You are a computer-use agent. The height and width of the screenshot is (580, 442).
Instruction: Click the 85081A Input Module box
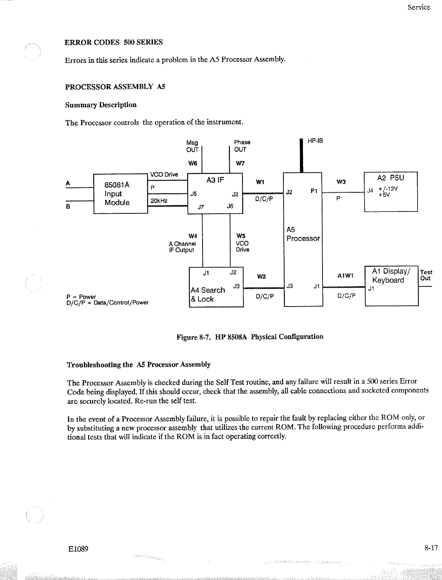click(x=120, y=194)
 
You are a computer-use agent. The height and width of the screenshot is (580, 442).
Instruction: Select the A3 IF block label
click(x=215, y=180)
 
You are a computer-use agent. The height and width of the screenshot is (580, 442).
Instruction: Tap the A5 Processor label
click(x=303, y=234)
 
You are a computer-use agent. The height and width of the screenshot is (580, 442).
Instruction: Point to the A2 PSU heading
click(x=391, y=178)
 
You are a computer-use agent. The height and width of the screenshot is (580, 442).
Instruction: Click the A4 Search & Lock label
click(x=207, y=295)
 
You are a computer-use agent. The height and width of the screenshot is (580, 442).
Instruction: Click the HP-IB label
click(x=315, y=141)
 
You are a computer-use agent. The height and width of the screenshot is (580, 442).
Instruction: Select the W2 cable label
click(x=261, y=277)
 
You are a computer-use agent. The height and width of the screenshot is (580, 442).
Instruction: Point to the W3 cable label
click(x=341, y=182)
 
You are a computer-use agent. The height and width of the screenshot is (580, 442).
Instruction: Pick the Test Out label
click(x=426, y=275)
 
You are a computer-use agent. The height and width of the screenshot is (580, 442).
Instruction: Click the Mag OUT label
click(x=192, y=146)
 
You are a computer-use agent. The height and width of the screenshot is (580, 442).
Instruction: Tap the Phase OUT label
click(x=242, y=146)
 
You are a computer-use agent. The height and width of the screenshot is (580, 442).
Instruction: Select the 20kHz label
click(x=159, y=201)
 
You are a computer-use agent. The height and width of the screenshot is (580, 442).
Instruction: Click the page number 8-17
click(x=431, y=548)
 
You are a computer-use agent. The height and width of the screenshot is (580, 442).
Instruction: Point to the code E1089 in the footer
click(x=78, y=549)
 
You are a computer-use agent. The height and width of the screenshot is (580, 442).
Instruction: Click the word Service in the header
click(x=419, y=7)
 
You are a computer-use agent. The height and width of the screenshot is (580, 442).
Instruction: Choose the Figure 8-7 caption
click(x=250, y=337)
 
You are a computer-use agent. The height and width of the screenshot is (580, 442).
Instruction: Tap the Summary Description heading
click(x=101, y=105)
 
